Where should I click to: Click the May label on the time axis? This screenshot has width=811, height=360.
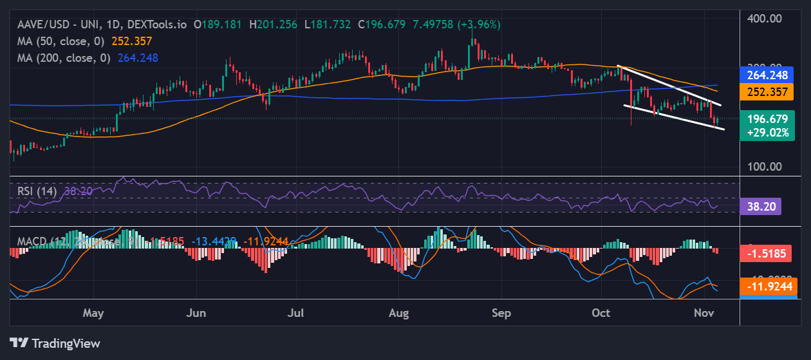[93, 314]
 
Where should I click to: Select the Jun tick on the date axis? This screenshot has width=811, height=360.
[195, 314]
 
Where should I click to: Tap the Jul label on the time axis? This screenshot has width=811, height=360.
[296, 314]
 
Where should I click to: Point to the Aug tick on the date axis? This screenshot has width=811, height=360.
[399, 314]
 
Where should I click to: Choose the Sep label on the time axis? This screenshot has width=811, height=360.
[501, 314]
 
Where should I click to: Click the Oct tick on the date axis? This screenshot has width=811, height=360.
[601, 314]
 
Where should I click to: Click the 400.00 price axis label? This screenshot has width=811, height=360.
[764, 18]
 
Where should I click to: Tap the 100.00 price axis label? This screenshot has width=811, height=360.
[764, 166]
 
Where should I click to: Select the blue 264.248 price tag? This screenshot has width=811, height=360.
[767, 75]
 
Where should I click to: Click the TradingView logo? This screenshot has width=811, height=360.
[55, 343]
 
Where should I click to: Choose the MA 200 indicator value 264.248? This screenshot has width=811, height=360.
[138, 57]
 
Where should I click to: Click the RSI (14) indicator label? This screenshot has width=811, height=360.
[37, 191]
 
